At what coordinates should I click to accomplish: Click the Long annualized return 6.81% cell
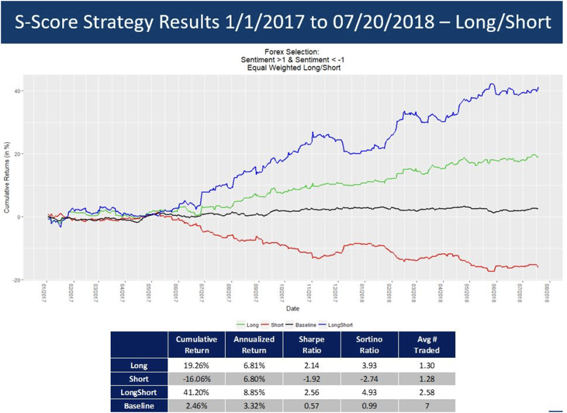253,364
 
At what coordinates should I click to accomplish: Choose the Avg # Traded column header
427,345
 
